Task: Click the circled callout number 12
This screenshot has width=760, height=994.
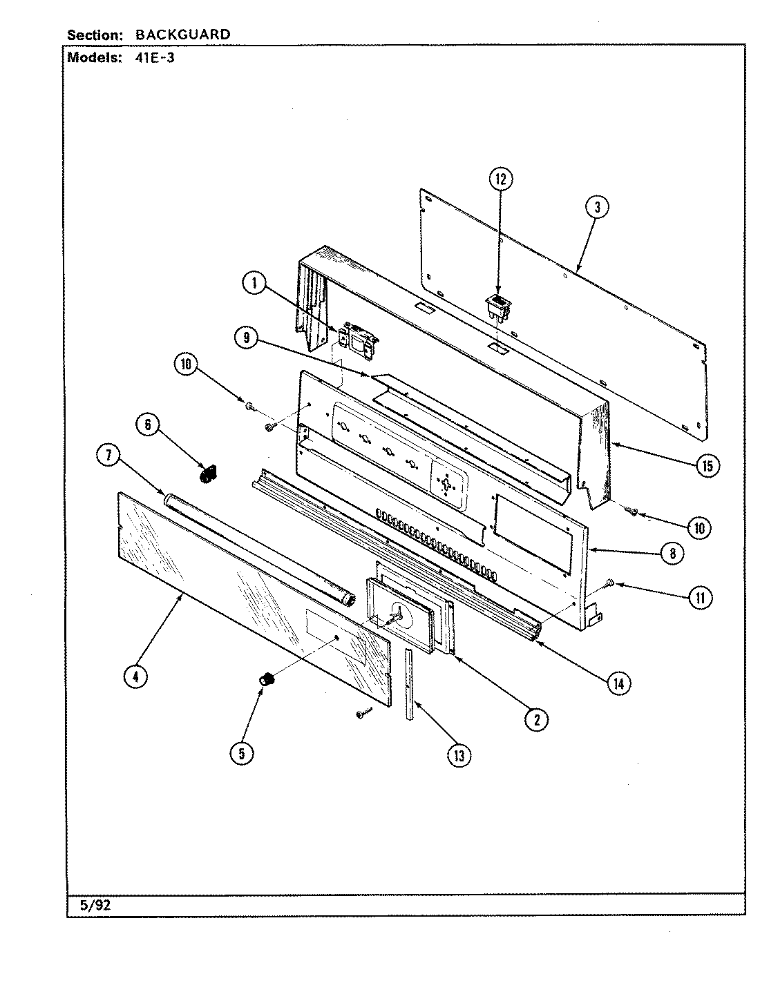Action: click(501, 180)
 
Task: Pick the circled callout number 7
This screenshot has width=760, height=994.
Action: click(109, 456)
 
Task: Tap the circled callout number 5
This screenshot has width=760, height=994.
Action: click(241, 753)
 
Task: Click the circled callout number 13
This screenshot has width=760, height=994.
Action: click(459, 756)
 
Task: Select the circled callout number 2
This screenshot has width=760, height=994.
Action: click(535, 719)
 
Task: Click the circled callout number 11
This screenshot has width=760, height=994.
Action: click(700, 597)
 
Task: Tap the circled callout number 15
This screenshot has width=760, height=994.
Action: click(707, 467)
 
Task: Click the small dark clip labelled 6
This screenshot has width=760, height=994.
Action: click(205, 476)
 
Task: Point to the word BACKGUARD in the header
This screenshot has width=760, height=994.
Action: click(182, 35)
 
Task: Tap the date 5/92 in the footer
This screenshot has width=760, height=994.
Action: click(95, 906)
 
